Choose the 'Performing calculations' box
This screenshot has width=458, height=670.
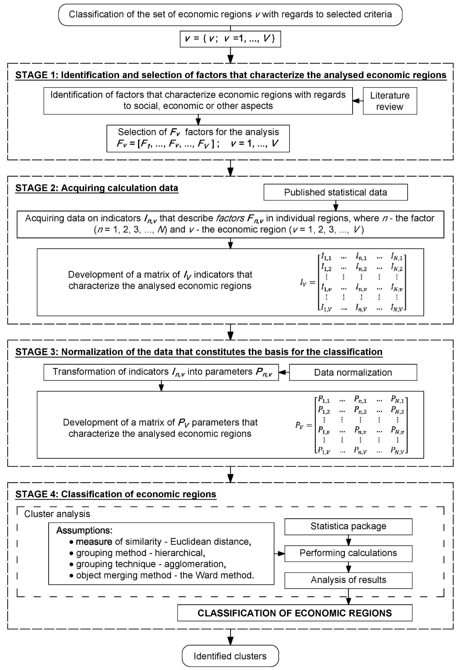[x=348, y=553]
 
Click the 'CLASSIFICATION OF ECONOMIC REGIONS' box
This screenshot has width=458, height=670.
[x=295, y=613]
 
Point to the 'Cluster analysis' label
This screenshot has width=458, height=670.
[x=57, y=514]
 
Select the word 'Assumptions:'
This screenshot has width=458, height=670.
[x=84, y=530]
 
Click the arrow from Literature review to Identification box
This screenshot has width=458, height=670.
[x=357, y=101]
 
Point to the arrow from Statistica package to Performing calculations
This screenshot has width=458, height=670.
[x=348, y=540]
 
